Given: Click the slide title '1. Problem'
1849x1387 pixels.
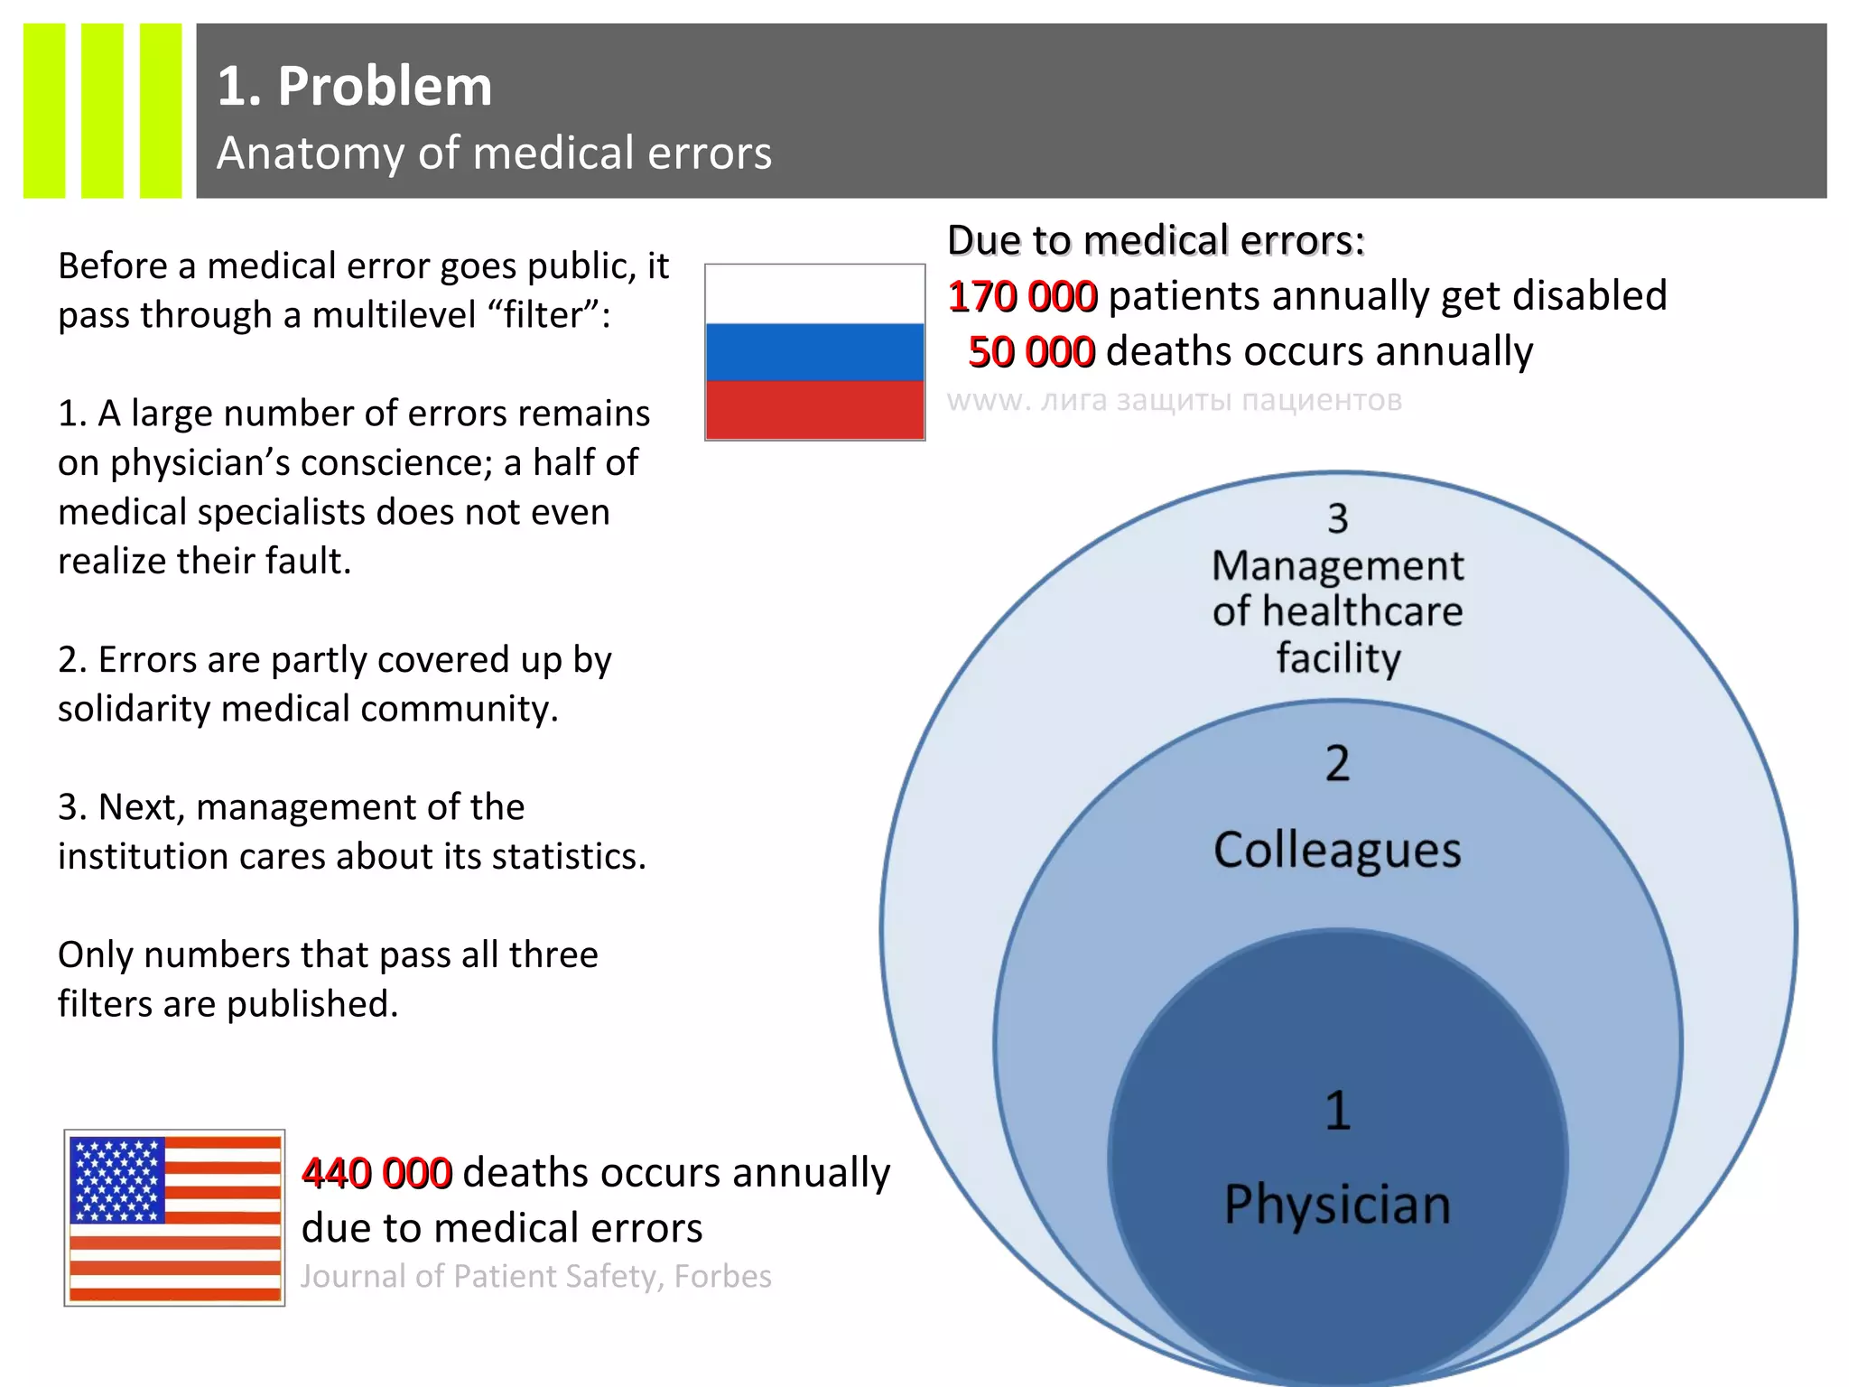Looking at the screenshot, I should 355,87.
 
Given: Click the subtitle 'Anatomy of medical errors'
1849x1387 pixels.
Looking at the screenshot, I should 494,153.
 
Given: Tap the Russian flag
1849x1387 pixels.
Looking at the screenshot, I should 814,352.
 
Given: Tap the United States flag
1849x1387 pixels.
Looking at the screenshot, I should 174,1217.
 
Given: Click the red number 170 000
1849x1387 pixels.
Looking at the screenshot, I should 1022,297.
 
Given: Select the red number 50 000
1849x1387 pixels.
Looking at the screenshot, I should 1031,352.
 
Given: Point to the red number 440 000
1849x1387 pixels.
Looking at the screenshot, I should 376,1173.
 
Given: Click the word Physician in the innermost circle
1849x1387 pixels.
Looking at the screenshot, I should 1337,1205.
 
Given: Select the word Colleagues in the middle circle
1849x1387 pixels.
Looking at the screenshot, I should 1337,851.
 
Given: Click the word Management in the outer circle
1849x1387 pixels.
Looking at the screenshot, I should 1337,566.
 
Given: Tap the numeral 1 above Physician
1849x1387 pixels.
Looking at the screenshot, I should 1338,1111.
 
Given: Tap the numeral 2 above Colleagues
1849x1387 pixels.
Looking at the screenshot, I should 1337,764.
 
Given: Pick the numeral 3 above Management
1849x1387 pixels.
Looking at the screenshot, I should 1337,518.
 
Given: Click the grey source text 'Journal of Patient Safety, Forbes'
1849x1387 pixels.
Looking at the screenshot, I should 535,1276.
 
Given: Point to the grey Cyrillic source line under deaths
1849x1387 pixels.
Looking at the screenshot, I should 1174,400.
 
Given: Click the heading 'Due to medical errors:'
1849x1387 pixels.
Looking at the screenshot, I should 1156,241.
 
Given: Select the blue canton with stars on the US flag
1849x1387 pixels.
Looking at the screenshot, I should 117,1179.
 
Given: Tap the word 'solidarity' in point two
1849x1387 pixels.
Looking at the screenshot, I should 134,709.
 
